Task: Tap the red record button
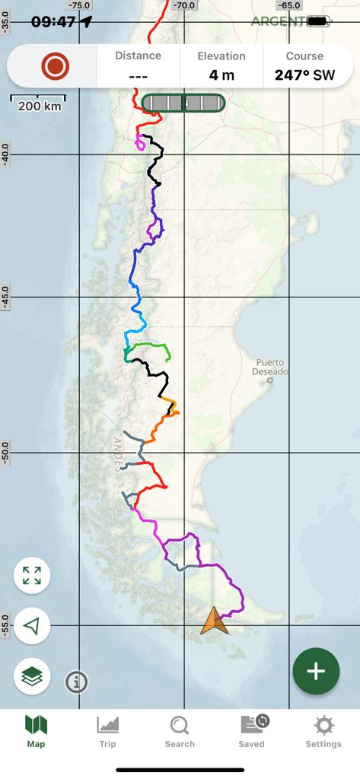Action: [56, 66]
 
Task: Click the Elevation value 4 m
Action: [221, 75]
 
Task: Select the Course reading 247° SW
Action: [304, 75]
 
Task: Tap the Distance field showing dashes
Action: [138, 75]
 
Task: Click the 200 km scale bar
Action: [38, 103]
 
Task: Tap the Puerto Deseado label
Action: [272, 367]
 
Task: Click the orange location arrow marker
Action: [214, 621]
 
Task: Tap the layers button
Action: [32, 675]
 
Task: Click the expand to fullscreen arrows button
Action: [32, 575]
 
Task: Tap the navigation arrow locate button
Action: [32, 626]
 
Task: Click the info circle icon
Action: [76, 682]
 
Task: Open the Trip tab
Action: [107, 732]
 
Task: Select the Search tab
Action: [180, 732]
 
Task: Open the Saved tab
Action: [251, 732]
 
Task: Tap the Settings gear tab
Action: [323, 732]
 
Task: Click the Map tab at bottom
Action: [36, 732]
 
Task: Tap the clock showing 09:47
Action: [53, 21]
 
